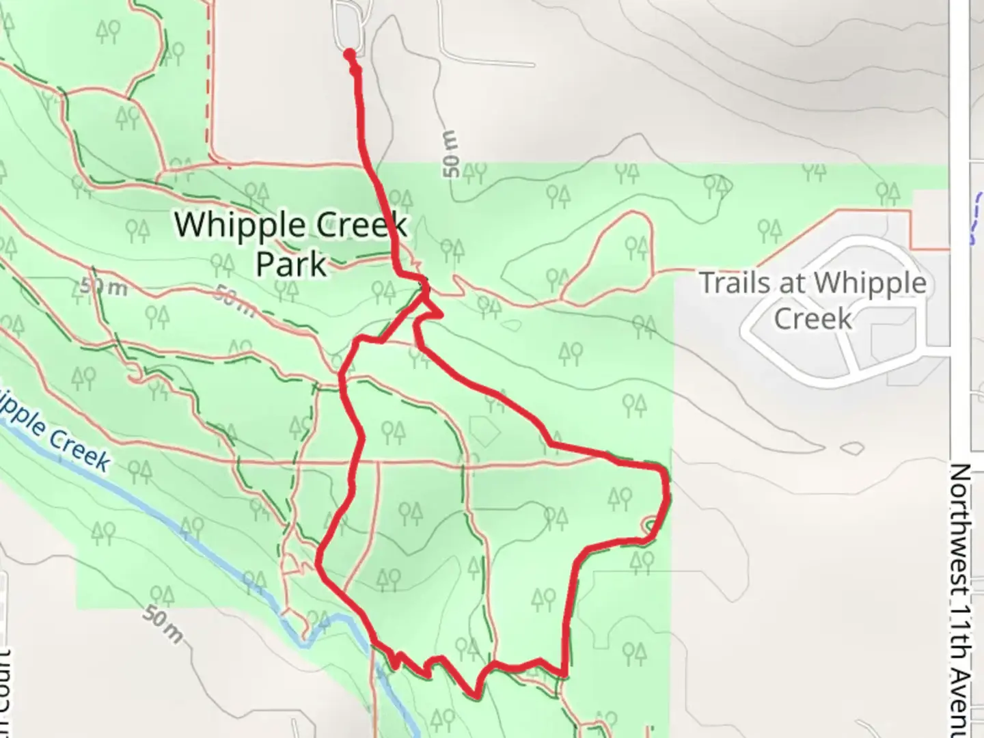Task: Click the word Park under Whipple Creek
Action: point(291,264)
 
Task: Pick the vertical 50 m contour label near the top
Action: point(452,154)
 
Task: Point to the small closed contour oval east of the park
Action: point(851,448)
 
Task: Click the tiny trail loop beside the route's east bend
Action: point(648,525)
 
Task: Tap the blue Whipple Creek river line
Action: point(205,547)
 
